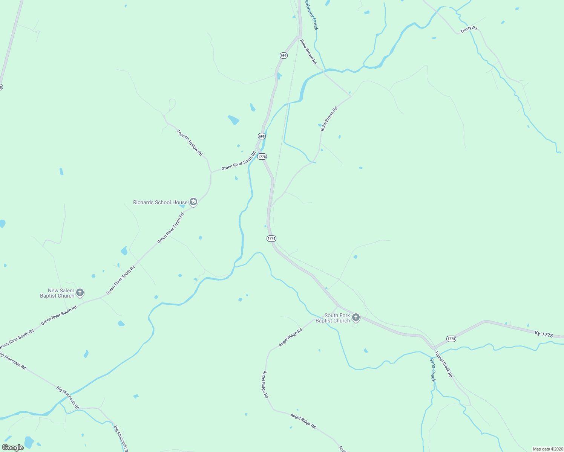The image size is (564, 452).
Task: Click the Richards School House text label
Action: point(160,202)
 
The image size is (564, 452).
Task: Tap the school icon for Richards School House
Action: point(193,202)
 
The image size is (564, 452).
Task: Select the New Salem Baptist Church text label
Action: point(57,293)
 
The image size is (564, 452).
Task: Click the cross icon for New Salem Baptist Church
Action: point(80,292)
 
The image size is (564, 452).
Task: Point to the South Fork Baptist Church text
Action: point(333,318)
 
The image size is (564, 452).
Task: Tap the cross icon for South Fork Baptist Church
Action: point(356,318)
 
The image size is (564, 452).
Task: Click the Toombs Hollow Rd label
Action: point(190,142)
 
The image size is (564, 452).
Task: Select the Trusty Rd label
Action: point(469,29)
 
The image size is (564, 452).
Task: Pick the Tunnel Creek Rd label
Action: point(443,364)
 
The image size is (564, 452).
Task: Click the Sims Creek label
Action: point(433,370)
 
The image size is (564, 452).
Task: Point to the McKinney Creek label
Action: point(312,15)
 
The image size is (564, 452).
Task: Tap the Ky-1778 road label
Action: point(544,334)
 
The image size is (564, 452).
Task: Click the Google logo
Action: point(12,447)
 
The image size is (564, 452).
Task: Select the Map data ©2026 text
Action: point(547,449)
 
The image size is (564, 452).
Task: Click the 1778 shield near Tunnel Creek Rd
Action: point(451,339)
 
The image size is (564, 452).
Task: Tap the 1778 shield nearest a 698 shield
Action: point(262,156)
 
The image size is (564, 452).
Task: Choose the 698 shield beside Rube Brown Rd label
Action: point(284,55)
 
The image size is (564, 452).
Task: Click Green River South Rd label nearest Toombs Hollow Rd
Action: point(238,161)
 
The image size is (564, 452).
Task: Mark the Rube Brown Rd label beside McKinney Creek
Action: point(308,52)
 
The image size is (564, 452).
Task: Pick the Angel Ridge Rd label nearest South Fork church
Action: point(290,338)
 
